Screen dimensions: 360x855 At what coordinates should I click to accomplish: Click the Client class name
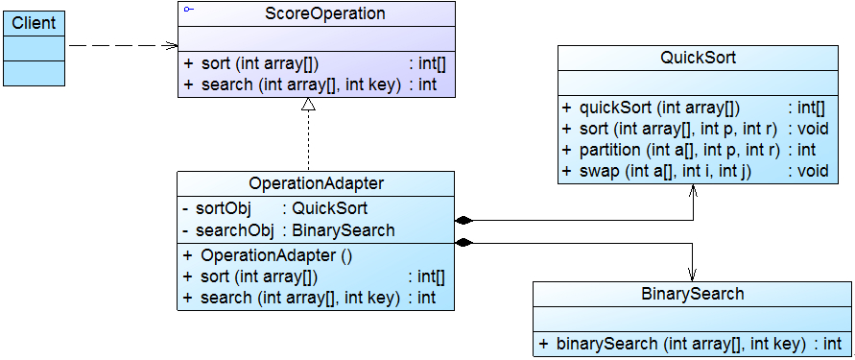34,22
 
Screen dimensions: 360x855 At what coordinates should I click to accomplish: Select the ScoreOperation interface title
312,14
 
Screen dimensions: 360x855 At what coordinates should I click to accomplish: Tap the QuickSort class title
698,57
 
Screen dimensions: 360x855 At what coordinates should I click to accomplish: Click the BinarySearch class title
693,294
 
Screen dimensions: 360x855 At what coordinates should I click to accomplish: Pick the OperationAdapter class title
316,182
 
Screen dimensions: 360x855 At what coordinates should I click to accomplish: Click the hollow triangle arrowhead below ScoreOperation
308,106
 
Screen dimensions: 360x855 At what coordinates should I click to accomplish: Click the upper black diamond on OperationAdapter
464,220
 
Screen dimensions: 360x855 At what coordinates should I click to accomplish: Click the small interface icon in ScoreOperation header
188,9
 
